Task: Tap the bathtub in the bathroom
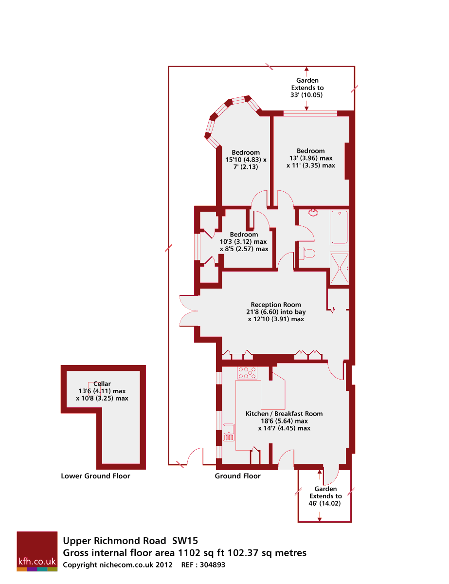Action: click(x=340, y=227)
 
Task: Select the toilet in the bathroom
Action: click(x=308, y=253)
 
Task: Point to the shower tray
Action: click(x=340, y=268)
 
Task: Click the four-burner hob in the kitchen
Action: click(x=248, y=373)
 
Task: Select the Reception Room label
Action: click(x=276, y=305)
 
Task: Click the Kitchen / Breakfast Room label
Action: click(x=284, y=414)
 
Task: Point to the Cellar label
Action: click(x=102, y=383)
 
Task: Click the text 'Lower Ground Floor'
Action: click(x=95, y=476)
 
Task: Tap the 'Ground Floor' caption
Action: click(x=237, y=476)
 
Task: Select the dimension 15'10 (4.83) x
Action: click(x=246, y=160)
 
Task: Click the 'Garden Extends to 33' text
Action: click(x=307, y=88)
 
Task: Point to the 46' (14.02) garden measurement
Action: click(x=325, y=503)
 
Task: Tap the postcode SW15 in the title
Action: click(x=185, y=540)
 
